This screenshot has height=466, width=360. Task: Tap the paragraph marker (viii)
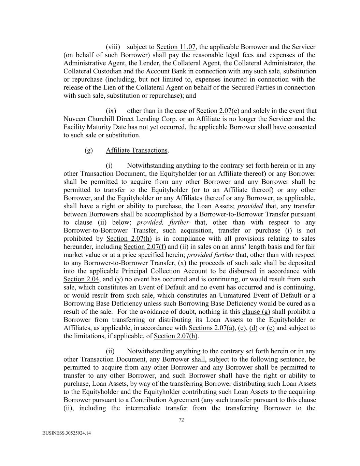(x=113, y=47)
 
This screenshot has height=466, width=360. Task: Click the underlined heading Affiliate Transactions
(x=136, y=150)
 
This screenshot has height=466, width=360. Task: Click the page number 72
(x=181, y=420)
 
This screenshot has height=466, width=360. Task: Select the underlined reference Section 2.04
(x=81, y=279)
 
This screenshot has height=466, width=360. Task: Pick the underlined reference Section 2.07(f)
(x=145, y=246)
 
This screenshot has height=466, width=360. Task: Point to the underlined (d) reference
(x=253, y=328)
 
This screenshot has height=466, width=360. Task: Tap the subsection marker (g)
(x=89, y=150)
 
